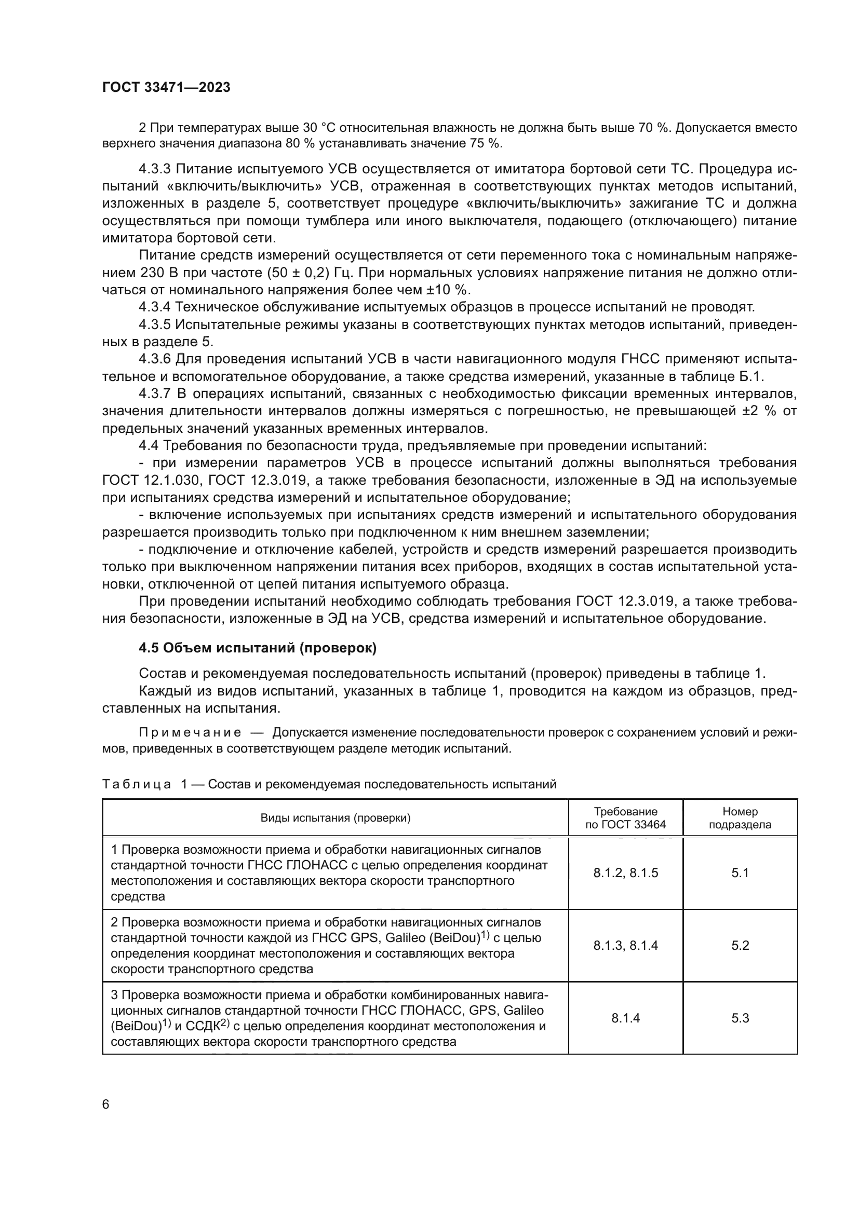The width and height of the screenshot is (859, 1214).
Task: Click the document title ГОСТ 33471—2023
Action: pos(166,87)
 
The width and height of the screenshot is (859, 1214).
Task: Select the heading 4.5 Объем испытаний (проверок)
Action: pos(258,648)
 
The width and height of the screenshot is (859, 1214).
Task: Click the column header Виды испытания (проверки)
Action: pos(335,818)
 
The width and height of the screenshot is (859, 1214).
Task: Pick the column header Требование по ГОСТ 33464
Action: pos(625,818)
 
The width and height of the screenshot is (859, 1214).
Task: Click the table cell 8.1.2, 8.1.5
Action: pos(625,873)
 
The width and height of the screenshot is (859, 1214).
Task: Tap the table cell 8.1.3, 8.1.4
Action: pos(625,945)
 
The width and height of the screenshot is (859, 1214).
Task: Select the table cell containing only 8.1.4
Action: pos(625,1018)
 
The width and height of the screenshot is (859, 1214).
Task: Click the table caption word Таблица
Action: pos(137,784)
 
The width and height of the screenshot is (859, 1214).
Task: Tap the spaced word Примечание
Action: pos(190,733)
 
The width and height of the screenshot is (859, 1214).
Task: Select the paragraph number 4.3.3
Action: pos(154,169)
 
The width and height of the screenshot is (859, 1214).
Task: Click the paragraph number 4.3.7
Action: pos(154,394)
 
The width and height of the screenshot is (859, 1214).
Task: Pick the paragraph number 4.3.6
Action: pos(154,360)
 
